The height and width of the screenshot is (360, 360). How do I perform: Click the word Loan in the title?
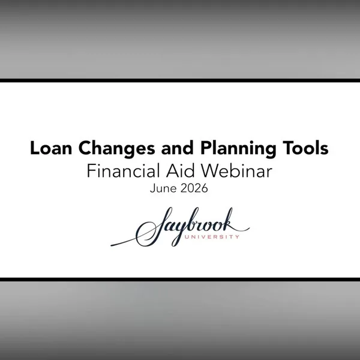[51, 148]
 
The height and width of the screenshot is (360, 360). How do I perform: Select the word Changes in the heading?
[116, 149]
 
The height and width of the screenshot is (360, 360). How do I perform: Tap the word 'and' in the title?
[177, 148]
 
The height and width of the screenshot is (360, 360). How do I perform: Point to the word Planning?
[238, 149]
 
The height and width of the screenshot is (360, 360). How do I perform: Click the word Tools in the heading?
[305, 148]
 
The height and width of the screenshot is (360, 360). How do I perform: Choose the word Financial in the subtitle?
[123, 171]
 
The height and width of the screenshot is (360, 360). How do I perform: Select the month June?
[163, 188]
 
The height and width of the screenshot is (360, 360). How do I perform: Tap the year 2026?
[194, 188]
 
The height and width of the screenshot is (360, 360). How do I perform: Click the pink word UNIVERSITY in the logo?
[212, 236]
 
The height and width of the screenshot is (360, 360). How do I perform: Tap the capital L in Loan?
[35, 148]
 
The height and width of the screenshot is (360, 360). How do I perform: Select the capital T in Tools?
[288, 148]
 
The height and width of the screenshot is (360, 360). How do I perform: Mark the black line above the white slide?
[180, 80]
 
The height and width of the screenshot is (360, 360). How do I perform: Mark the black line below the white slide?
[180, 280]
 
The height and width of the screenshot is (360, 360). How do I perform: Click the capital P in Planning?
[206, 148]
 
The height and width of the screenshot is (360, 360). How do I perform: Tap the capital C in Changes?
[85, 148]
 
